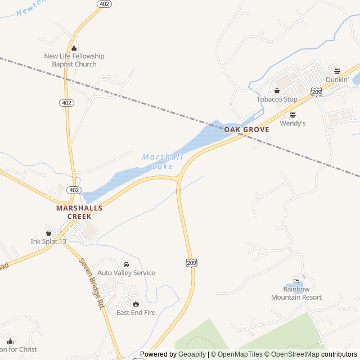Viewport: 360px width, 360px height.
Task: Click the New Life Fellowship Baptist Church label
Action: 74,60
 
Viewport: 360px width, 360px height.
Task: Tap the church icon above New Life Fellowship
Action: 74,48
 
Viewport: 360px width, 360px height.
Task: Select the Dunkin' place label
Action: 337,80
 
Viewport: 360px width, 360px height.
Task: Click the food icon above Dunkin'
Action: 337,71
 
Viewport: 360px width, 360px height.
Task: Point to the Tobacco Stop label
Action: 277,100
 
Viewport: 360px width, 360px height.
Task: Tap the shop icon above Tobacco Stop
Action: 277,91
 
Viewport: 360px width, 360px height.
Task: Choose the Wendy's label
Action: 292,123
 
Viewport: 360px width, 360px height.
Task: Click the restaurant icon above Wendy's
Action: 292,114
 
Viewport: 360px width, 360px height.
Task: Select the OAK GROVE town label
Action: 246,129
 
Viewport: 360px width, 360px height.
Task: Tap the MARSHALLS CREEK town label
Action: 79,211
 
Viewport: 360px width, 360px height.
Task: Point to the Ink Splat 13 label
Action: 48,241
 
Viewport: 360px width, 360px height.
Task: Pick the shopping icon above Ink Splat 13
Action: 48,232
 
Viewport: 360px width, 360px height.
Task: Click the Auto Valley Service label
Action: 126,273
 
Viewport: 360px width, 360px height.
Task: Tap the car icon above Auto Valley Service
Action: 126,264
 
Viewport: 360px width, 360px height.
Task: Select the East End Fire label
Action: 136,312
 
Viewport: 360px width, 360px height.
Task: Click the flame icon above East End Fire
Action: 136,304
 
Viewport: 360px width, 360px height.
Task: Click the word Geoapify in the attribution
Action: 192,354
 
